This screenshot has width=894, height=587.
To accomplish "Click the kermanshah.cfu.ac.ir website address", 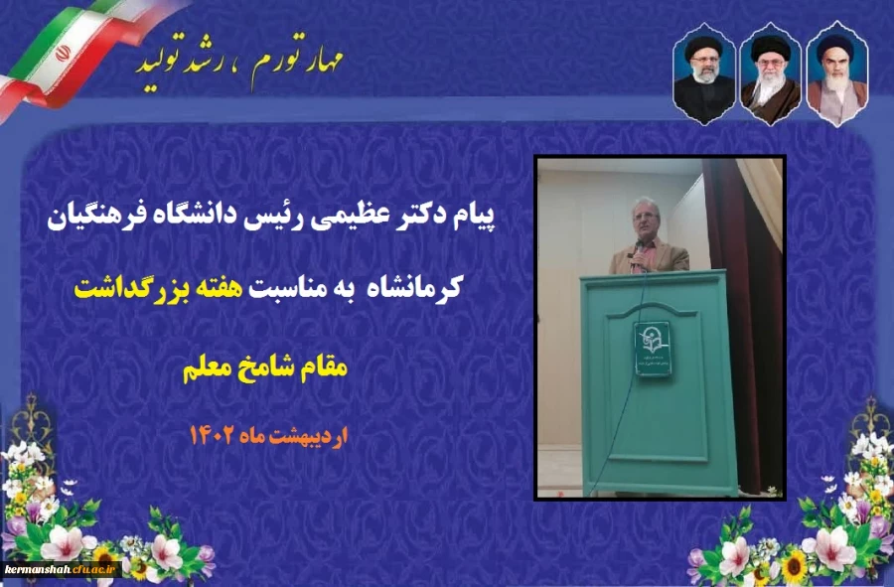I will pos(62,569).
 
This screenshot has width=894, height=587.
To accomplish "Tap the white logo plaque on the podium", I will pos(653,348).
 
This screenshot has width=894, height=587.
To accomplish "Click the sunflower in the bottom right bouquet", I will pos(795,565).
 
